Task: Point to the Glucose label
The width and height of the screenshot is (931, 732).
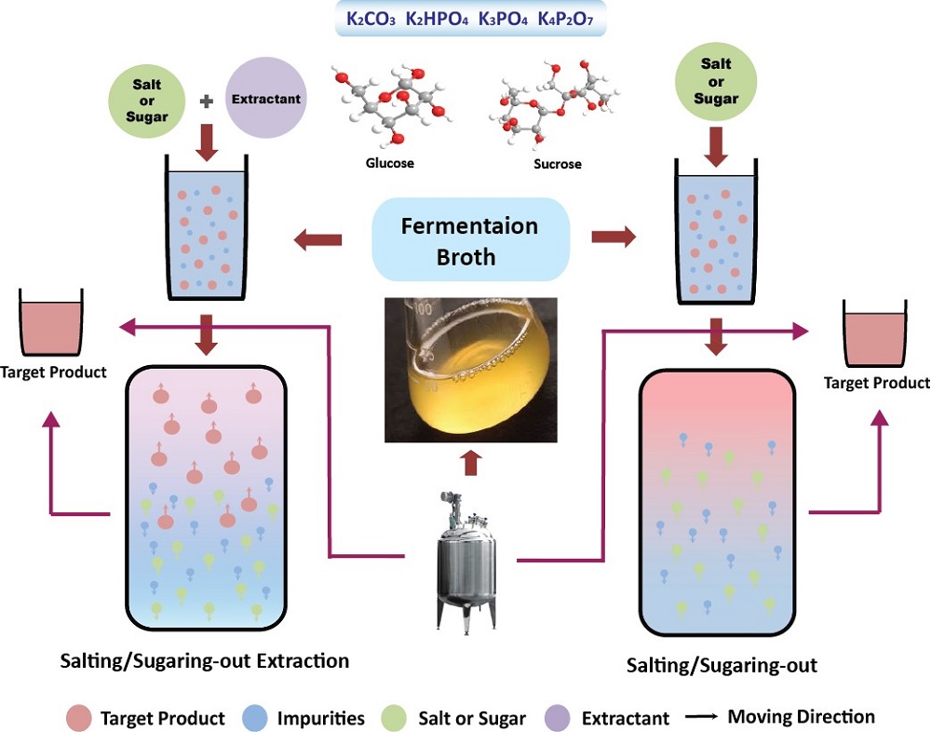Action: pos(389,163)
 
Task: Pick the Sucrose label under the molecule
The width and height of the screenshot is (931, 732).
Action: pos(558,164)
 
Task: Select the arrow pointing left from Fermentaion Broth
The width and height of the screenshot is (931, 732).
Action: pos(317,241)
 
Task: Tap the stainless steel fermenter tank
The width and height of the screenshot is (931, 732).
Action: pos(464,560)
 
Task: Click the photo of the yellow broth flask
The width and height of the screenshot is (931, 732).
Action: pos(471,369)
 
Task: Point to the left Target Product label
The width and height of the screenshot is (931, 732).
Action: pos(54,372)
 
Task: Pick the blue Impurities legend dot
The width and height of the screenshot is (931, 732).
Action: pos(254,718)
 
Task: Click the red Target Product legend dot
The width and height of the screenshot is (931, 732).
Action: pos(79,718)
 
